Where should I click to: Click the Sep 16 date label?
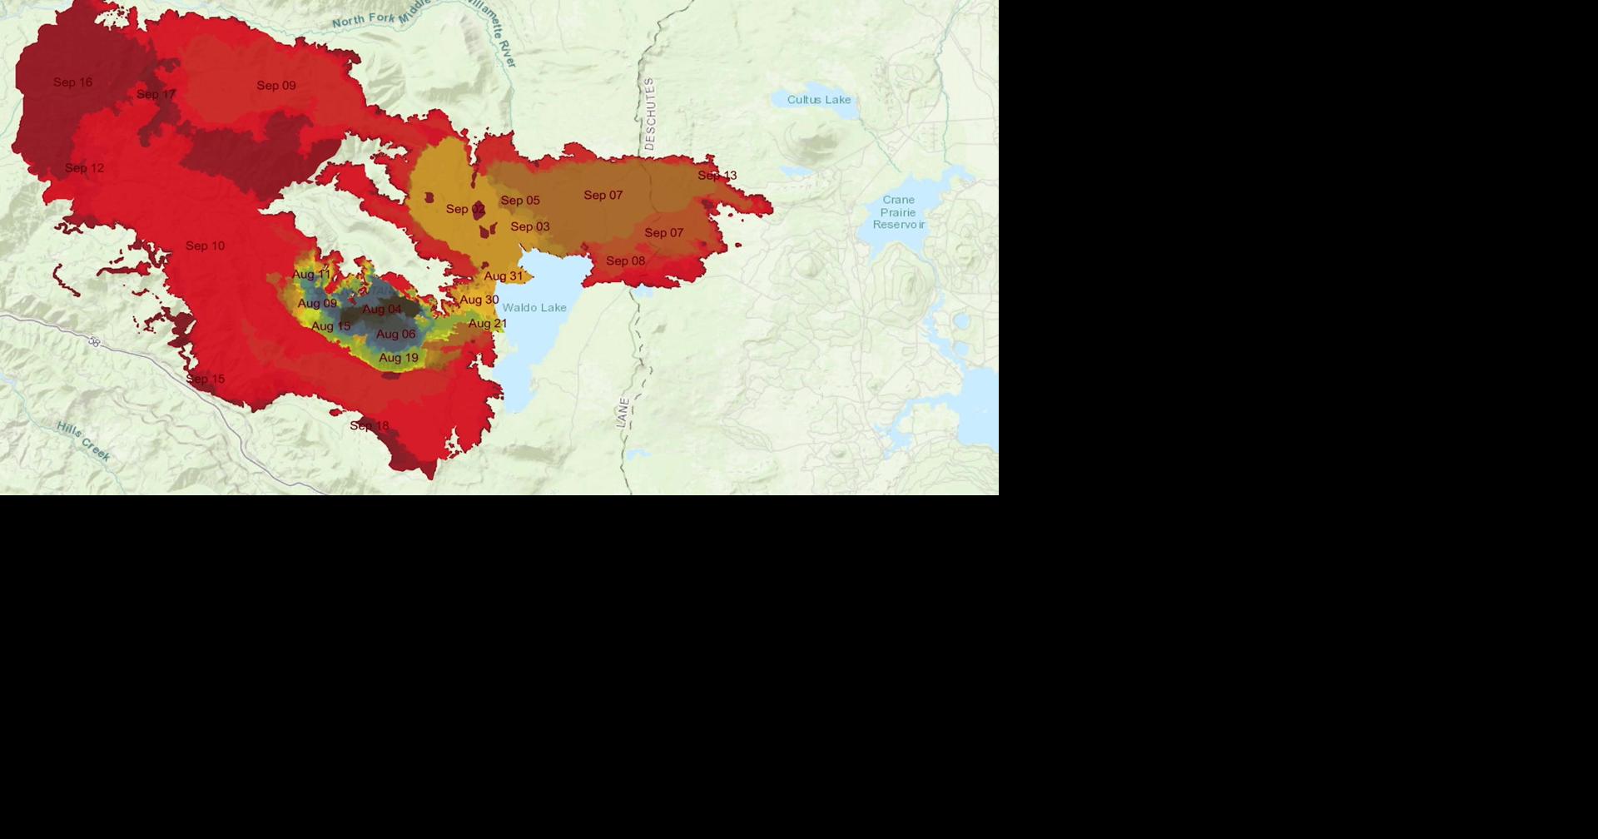[x=73, y=82]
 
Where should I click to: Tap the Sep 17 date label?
[x=156, y=95]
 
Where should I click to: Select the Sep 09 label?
[x=276, y=86]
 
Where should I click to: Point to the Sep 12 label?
[x=85, y=168]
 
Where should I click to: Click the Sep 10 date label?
[x=206, y=246]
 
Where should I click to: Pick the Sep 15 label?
[x=206, y=380]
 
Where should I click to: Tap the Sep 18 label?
[x=370, y=426]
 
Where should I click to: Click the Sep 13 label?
[x=717, y=176]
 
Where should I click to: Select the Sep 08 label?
[x=626, y=261]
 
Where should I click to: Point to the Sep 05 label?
[x=520, y=201]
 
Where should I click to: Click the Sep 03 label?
[x=530, y=227]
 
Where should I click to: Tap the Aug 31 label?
[x=504, y=276]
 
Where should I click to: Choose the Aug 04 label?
[x=382, y=310]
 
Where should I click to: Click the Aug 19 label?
[x=399, y=359]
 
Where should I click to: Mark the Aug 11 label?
[x=311, y=275]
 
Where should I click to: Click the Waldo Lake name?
[x=534, y=308]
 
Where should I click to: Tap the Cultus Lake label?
[x=819, y=100]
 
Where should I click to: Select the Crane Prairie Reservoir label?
[x=899, y=212]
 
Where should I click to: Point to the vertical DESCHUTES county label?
[x=650, y=114]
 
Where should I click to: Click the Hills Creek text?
[x=83, y=441]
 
